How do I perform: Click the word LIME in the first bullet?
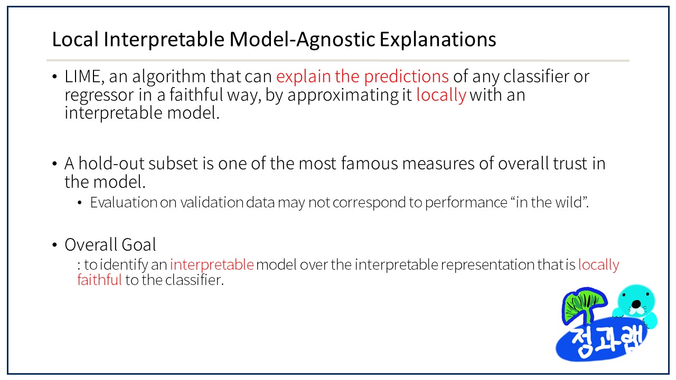click(82, 77)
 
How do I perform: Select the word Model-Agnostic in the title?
click(302, 39)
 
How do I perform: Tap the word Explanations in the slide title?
click(438, 40)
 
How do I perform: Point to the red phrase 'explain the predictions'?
click(362, 77)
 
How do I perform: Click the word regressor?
click(99, 96)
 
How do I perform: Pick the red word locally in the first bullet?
click(441, 96)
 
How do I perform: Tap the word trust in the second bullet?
click(570, 164)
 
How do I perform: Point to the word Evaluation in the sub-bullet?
click(124, 202)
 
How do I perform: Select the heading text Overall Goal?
click(110, 244)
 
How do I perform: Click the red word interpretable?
click(212, 265)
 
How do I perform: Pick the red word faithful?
click(100, 280)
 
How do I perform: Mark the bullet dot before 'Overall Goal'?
click(54, 245)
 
